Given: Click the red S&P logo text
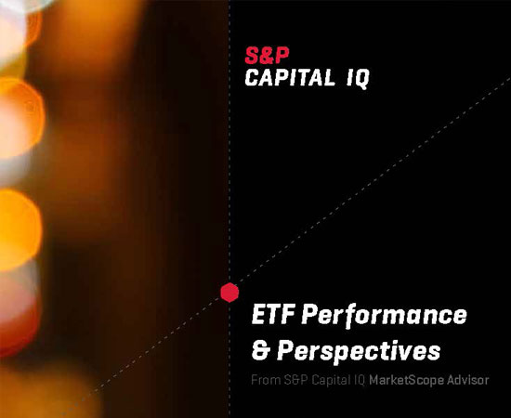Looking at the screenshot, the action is tap(267, 56).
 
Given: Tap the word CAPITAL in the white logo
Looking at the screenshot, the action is tap(290, 78).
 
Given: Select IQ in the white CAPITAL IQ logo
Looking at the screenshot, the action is tap(358, 79).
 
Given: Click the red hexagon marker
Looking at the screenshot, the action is tap(229, 293).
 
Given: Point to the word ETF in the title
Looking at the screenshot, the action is tap(273, 314).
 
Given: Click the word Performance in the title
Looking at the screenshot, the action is tap(384, 316).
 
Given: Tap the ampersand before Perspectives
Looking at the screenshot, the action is tap(260, 350).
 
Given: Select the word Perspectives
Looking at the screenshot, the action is tap(359, 352).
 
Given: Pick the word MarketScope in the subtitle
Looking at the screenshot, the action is tap(406, 381).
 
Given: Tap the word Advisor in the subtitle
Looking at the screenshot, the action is tap(468, 380).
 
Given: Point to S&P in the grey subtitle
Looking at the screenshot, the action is tap(295, 380).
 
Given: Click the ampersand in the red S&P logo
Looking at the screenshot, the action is tap(267, 56).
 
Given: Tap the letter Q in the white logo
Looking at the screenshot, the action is tap(361, 80).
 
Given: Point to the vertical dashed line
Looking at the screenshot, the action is tap(229, 209).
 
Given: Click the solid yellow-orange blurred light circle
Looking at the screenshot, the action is tap(19, 230).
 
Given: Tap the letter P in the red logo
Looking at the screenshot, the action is tap(282, 56).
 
